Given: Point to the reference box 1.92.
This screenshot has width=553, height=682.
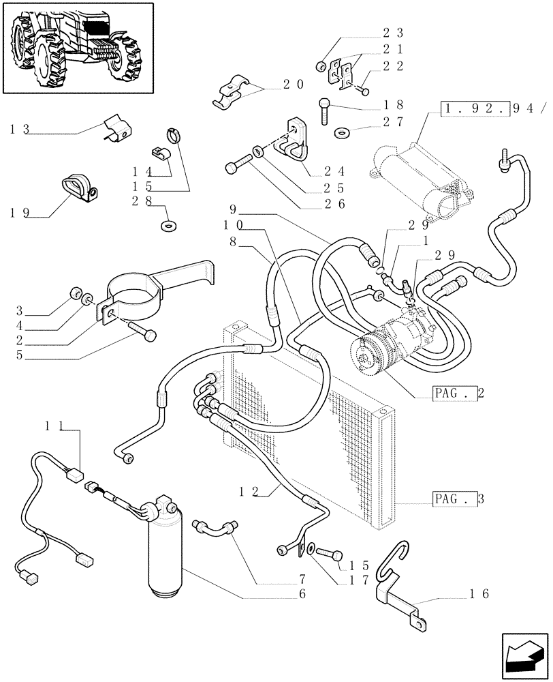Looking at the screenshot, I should (475, 109).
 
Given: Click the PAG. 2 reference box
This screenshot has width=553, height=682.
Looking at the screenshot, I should (453, 394).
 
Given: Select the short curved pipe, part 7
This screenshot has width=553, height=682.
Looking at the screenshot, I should (217, 529).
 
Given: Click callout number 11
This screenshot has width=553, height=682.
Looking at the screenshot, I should (55, 426).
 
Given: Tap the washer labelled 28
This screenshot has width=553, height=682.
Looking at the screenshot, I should (165, 224).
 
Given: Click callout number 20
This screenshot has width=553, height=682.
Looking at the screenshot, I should (294, 85).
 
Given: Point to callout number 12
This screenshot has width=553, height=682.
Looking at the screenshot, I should (249, 491).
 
